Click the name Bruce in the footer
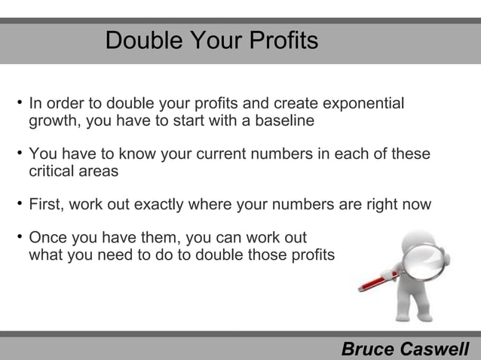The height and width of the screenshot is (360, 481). [x=368, y=349]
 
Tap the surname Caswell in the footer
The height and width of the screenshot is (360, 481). [x=434, y=349]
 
